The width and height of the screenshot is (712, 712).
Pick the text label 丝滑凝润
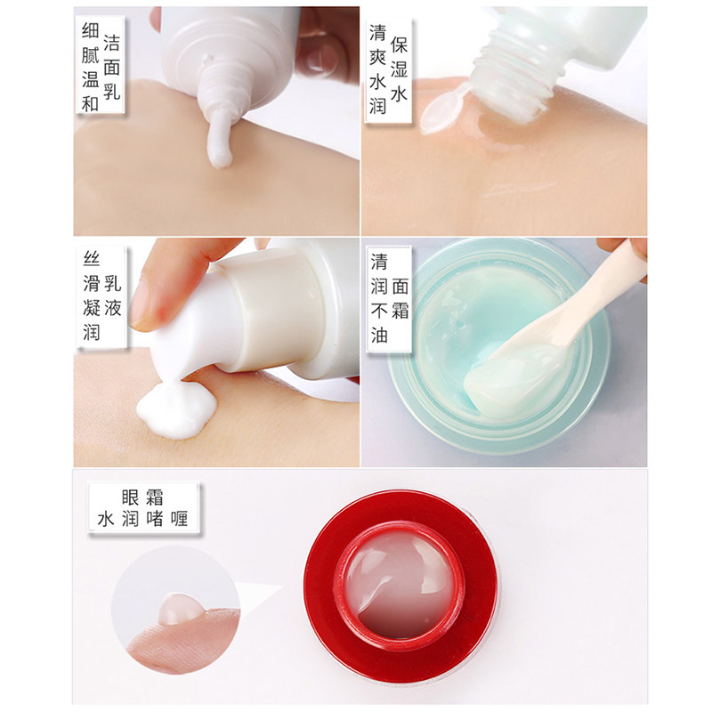coord(90,298)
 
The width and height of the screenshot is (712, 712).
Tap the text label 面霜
coord(400,298)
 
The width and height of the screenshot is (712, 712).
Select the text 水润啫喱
coord(142,519)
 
